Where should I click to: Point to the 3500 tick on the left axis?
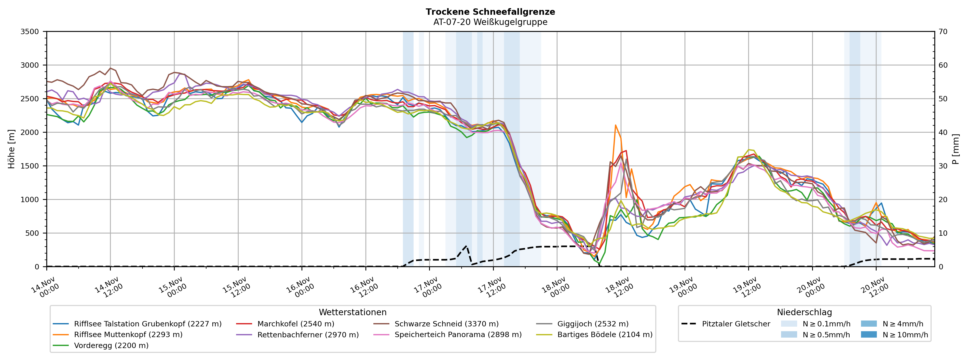pyautogui.click(x=30, y=32)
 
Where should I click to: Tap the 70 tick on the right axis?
pyautogui.click(x=943, y=32)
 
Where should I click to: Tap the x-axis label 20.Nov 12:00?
pyautogui.click(x=874, y=287)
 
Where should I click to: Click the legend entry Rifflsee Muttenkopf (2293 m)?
pyautogui.click(x=128, y=335)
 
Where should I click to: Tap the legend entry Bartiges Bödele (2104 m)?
pyautogui.click(x=605, y=335)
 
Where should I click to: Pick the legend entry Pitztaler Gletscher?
pyautogui.click(x=736, y=324)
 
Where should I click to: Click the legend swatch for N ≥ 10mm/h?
pyautogui.click(x=868, y=335)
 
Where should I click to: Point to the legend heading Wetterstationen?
pyautogui.click(x=352, y=312)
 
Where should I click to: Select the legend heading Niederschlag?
pyautogui.click(x=804, y=312)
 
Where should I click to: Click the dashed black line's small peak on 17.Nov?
pyautogui.click(x=466, y=246)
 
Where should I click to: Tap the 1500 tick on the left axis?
pyautogui.click(x=30, y=166)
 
